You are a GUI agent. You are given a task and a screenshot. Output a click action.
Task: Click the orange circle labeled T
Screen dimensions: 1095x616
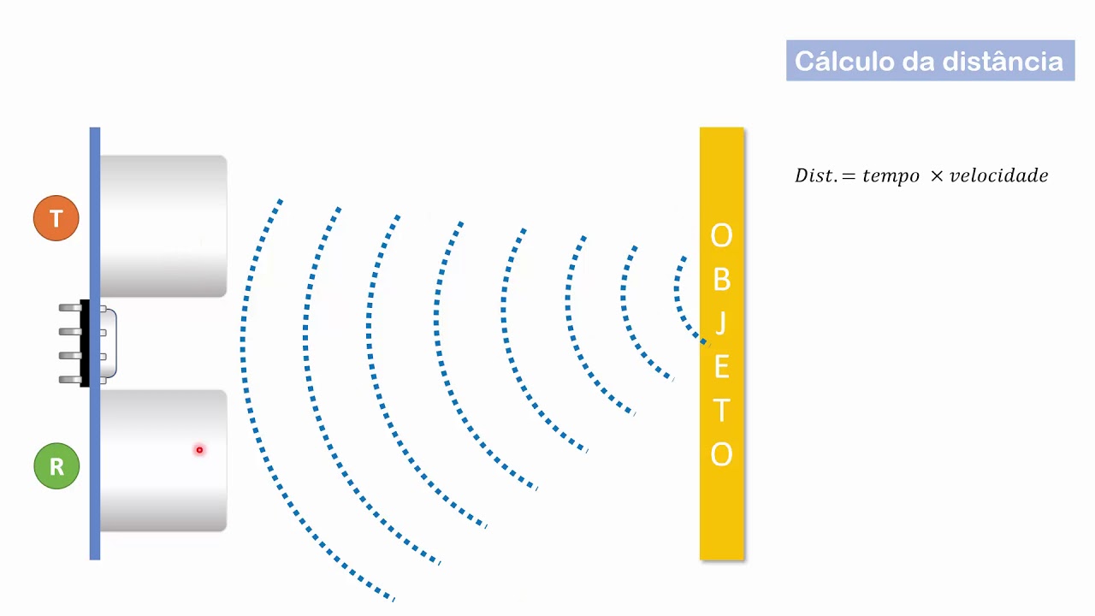(x=56, y=218)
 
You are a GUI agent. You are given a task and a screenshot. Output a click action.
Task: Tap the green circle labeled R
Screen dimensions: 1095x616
(x=56, y=466)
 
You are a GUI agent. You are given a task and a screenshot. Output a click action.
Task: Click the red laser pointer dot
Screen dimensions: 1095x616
(x=199, y=450)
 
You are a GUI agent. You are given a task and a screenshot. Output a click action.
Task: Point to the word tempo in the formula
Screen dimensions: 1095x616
(x=891, y=175)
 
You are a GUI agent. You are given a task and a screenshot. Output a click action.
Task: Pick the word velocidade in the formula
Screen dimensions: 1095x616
(x=998, y=175)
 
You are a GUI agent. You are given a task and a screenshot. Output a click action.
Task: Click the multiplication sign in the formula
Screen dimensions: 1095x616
(x=936, y=175)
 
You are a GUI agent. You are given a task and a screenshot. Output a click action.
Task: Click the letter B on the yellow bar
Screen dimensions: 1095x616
(x=721, y=280)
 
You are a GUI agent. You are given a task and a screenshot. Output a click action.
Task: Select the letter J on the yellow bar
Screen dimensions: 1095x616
(x=720, y=323)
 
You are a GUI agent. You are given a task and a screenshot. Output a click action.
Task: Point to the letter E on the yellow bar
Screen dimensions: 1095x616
(x=722, y=367)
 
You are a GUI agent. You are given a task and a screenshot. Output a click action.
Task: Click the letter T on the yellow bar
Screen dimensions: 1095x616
(x=721, y=410)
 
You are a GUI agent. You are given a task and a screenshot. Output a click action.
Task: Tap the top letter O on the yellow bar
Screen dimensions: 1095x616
(x=721, y=235)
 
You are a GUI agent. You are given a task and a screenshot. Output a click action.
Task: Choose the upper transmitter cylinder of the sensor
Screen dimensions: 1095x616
(x=163, y=227)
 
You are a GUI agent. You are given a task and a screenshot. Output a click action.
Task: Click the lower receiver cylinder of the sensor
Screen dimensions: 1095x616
(x=163, y=460)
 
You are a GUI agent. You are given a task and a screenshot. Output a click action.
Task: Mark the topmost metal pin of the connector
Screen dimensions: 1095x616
(x=70, y=307)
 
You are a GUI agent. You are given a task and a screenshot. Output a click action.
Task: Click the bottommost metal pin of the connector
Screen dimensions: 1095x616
(x=70, y=379)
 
